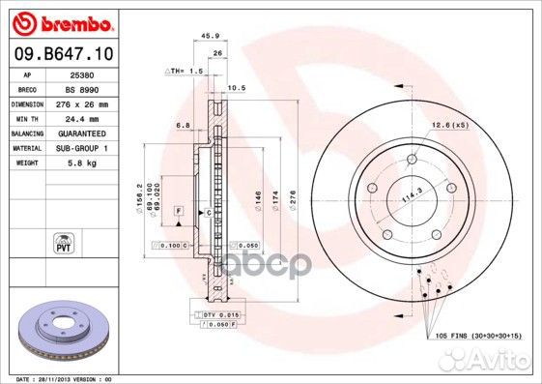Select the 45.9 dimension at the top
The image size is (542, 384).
206,38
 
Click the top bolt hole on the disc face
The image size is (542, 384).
411,160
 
